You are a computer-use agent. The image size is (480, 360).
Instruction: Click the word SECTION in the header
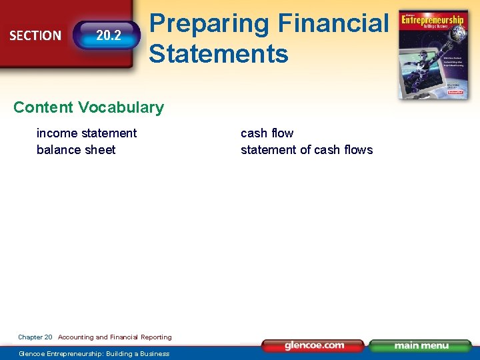tap(35, 35)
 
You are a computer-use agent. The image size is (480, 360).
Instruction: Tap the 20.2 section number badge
tap(108, 35)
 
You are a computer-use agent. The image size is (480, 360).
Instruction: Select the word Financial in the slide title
tap(332, 23)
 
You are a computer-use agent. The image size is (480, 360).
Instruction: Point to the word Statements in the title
tap(219, 53)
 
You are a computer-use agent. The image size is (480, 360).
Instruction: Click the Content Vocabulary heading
tap(88, 107)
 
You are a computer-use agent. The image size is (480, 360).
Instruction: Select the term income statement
tap(87, 133)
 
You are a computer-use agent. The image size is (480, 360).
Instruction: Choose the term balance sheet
tap(76, 149)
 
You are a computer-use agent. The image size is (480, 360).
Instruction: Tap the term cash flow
tap(267, 133)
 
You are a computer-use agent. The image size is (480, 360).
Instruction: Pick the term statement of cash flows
tap(307, 149)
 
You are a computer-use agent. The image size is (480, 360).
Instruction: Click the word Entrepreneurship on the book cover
tap(433, 21)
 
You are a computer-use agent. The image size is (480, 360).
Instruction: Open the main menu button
tap(421, 345)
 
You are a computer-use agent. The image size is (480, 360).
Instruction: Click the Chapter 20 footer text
tap(35, 337)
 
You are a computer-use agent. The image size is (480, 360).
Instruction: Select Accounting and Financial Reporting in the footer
tap(115, 337)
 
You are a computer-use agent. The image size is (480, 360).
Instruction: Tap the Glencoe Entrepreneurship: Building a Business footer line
tap(94, 353)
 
